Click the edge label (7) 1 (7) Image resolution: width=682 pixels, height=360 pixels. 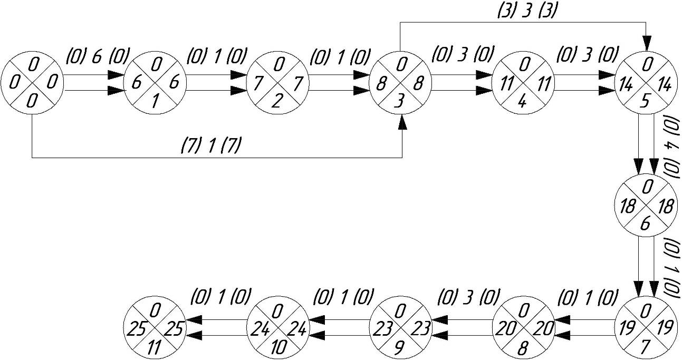[x=210, y=145]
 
